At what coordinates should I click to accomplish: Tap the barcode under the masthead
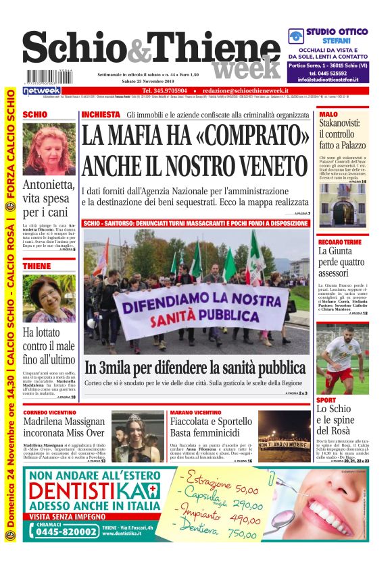45,76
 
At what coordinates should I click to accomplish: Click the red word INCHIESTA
101,115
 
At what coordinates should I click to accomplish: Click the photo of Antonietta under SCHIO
49,150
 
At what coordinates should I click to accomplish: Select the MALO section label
328,114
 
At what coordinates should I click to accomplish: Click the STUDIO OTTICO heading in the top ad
337,32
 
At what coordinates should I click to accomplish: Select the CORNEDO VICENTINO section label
51,411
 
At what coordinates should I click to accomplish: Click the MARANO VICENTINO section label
196,411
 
